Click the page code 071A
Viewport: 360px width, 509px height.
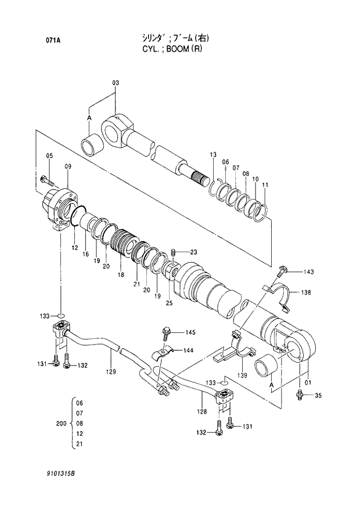pos(54,40)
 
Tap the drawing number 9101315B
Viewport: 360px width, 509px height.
pos(62,474)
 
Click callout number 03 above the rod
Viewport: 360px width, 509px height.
pos(115,83)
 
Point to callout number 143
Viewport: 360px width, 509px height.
pos(308,271)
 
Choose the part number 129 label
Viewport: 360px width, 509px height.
pos(111,371)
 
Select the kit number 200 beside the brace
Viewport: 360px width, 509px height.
pos(61,424)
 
